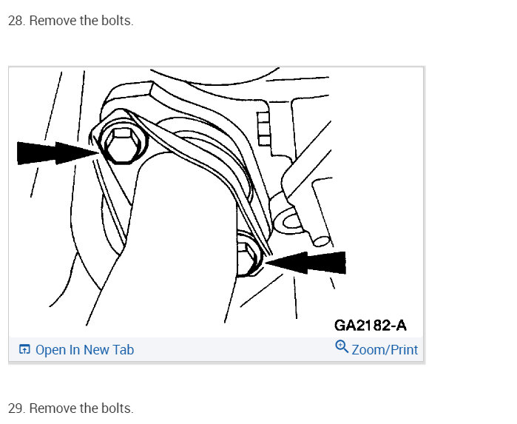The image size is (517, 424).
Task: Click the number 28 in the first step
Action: coord(16,21)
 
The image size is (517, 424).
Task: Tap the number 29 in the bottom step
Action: coord(16,408)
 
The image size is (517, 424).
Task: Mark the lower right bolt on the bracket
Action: coord(249,255)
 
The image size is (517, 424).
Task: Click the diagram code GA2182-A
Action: coord(370,325)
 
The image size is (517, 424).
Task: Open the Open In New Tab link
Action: coord(84,349)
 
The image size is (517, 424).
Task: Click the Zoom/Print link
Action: coord(384,349)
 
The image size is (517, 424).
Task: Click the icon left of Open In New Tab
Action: coord(24,349)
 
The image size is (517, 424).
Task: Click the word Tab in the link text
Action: coord(124,349)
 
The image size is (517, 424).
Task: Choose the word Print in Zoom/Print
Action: coord(402,349)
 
